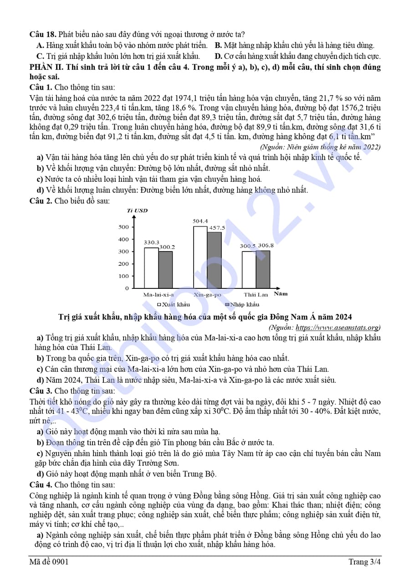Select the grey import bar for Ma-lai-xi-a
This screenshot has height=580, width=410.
tap(165, 270)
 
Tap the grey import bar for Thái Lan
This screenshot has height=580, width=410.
tap(263, 269)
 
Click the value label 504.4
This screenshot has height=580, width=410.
tap(200, 221)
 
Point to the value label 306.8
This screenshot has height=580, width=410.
tap(266, 246)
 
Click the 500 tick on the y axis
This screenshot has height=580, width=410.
tap(123, 227)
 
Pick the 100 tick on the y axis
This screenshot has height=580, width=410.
tap(123, 276)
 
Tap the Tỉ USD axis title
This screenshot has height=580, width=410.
tap(137, 210)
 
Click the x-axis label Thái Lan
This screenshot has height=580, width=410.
tap(256, 294)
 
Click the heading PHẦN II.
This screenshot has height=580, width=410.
tap(46, 67)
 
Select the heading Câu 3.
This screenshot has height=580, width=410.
tap(41, 390)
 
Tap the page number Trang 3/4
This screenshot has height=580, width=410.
tap(364, 562)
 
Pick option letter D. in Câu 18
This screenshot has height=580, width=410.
tap(218, 56)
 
